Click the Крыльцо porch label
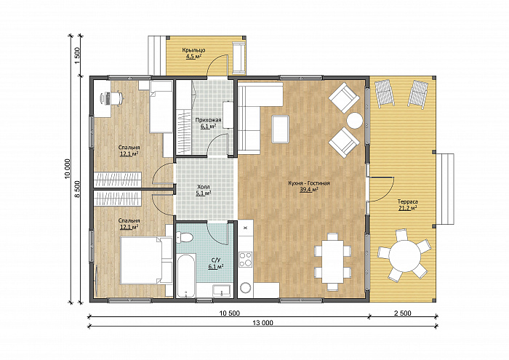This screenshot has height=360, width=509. coord(193,50)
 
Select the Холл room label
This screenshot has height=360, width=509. coord(204,187)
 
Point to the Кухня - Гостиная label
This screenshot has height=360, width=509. coord(309,183)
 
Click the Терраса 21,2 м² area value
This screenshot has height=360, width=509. coord(408,209)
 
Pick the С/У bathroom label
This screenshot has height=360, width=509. coord(216,260)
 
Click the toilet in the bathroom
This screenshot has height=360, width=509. coord(184,237)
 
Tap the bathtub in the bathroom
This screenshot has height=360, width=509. coord(186,276)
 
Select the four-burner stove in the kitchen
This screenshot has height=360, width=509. coord(246,260)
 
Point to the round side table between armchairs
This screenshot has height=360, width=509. coord(354,121)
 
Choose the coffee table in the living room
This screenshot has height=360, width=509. coord(281,129)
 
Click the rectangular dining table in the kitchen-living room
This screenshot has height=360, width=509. coord(333,261)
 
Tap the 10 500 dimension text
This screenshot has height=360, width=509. coord(230,313)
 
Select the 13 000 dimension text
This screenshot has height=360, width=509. coord(262,323)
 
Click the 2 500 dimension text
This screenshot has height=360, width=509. coord(403,313)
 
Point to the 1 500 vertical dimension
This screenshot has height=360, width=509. coord(77,55)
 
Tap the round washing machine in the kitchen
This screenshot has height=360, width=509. coord(246,287)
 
